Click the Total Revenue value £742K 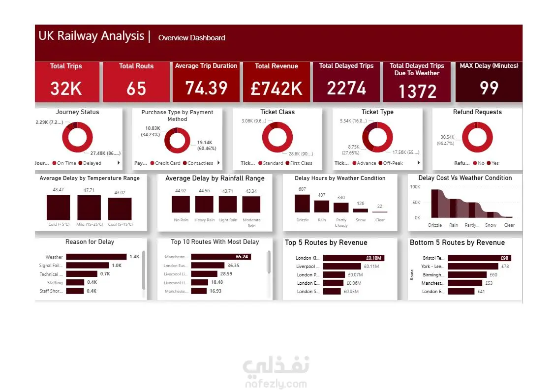[x=276, y=89]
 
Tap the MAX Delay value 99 [x=489, y=88]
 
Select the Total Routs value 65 [x=136, y=89]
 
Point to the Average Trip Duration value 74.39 [x=206, y=88]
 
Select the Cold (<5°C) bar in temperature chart [x=58, y=207]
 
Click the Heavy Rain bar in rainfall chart [x=205, y=204]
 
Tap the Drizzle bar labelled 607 [x=302, y=204]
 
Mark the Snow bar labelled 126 [x=361, y=210]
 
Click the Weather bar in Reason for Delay [x=96, y=257]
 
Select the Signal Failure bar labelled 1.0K [x=87, y=266]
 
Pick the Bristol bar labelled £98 [x=479, y=258]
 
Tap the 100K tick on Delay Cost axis [x=415, y=187]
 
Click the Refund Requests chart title [x=477, y=112]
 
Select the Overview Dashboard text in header [x=192, y=38]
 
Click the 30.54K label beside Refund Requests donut [x=447, y=137]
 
